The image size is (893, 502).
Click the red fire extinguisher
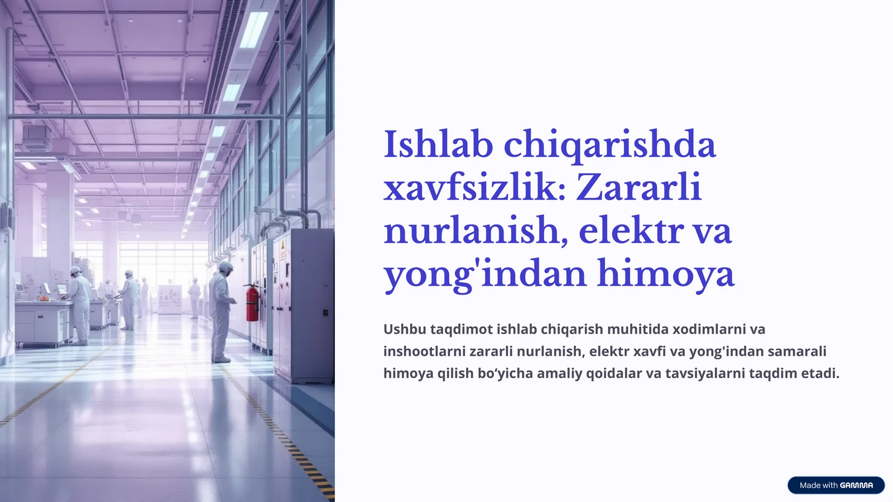coord(252,304)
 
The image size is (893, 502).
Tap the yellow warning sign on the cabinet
coord(282,249)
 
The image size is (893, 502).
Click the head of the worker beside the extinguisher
coord(225,267)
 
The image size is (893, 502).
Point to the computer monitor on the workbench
coord(62,289)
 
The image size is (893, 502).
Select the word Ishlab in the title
coord(438,144)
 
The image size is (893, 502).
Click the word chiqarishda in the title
coord(609,144)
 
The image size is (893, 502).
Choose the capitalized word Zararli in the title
coord(638,187)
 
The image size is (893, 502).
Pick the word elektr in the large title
coord(631,230)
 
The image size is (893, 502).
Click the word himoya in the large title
coord(665,274)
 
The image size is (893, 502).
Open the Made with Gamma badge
coord(836,485)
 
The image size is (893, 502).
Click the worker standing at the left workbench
coord(79,304)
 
